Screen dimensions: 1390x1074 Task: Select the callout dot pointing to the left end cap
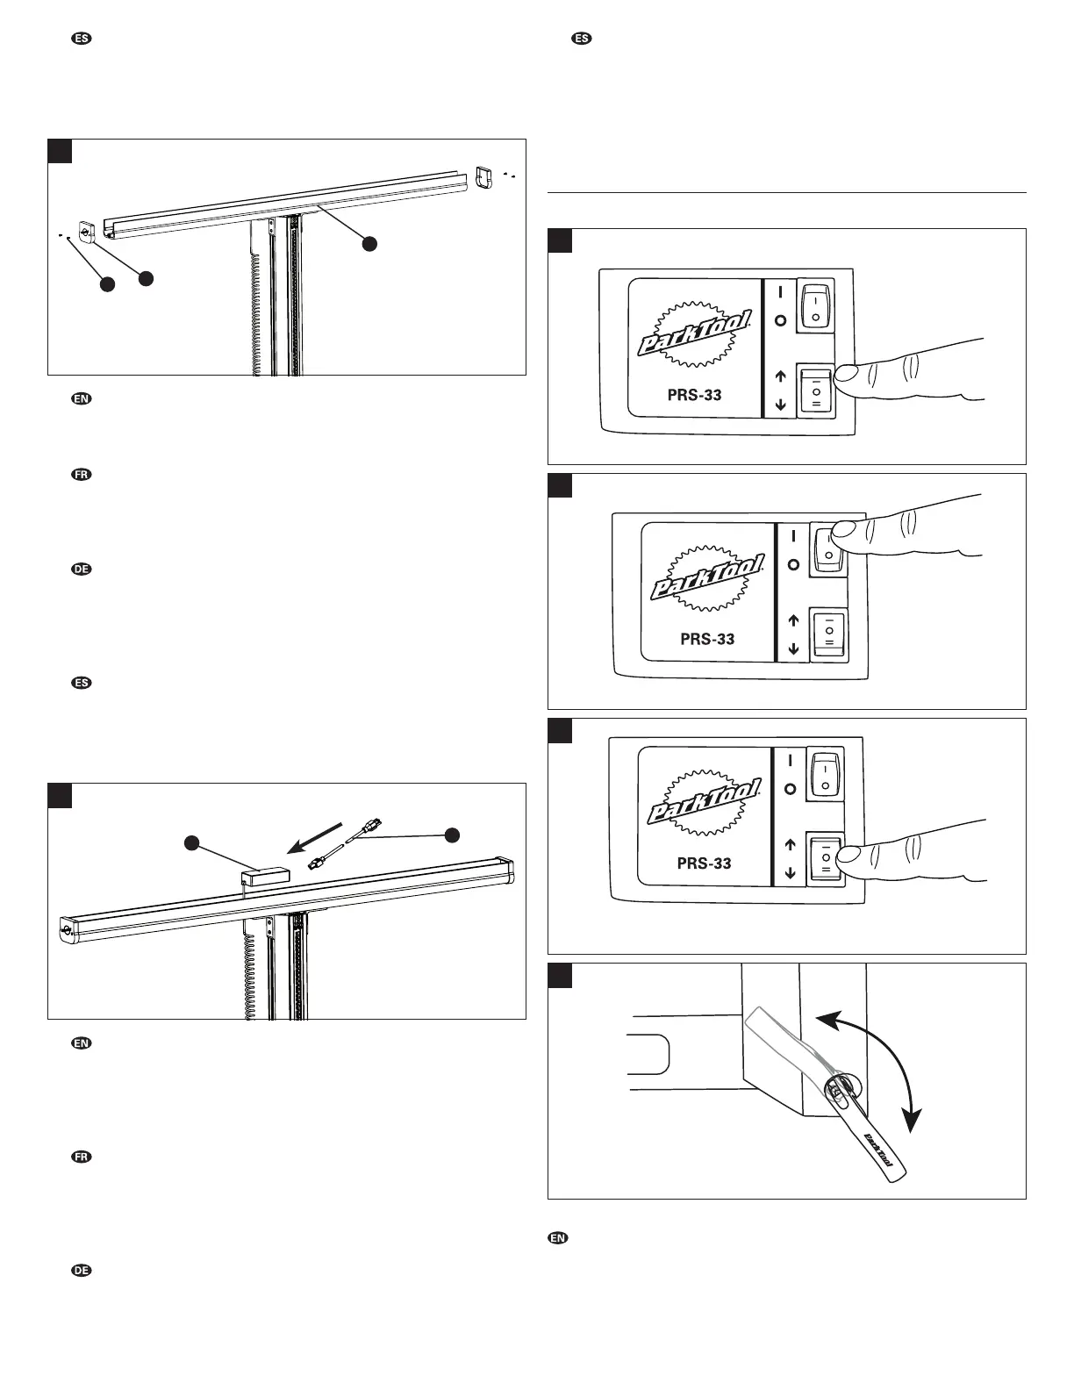tap(146, 277)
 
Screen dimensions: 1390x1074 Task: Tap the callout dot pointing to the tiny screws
tap(107, 284)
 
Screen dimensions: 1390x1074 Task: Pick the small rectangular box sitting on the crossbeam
tap(264, 875)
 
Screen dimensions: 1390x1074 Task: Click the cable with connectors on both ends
tap(344, 845)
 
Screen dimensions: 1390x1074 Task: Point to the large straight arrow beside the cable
tap(317, 835)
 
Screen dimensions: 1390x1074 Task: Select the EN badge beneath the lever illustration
tap(556, 1238)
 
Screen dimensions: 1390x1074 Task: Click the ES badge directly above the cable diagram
tap(81, 682)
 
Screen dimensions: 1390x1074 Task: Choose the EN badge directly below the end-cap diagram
tap(81, 399)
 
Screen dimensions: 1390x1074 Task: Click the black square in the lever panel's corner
tap(560, 975)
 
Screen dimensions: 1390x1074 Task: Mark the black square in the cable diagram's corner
tap(60, 795)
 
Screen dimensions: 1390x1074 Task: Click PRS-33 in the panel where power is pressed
tap(707, 639)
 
